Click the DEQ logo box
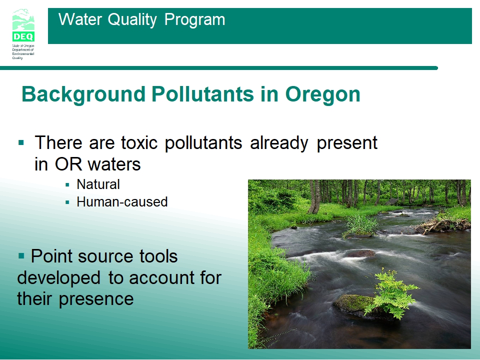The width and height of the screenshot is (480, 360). tap(23, 36)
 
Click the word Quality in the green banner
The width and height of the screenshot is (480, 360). tap(132, 19)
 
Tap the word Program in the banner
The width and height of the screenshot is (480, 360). tap(194, 20)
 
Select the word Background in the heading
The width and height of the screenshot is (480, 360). tap(83, 94)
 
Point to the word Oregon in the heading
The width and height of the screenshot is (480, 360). tap(322, 94)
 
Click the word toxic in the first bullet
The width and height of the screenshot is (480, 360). tap(139, 142)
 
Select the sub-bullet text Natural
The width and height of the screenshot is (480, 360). tap(98, 184)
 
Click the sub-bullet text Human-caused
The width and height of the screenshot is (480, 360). tap(122, 201)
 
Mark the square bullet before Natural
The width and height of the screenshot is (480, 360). tap(67, 184)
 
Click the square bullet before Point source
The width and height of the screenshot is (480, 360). tap(21, 255)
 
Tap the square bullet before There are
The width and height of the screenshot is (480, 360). tap(21, 142)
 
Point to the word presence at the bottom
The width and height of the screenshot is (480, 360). tap(96, 299)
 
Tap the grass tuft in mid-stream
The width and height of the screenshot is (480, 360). tap(360, 225)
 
